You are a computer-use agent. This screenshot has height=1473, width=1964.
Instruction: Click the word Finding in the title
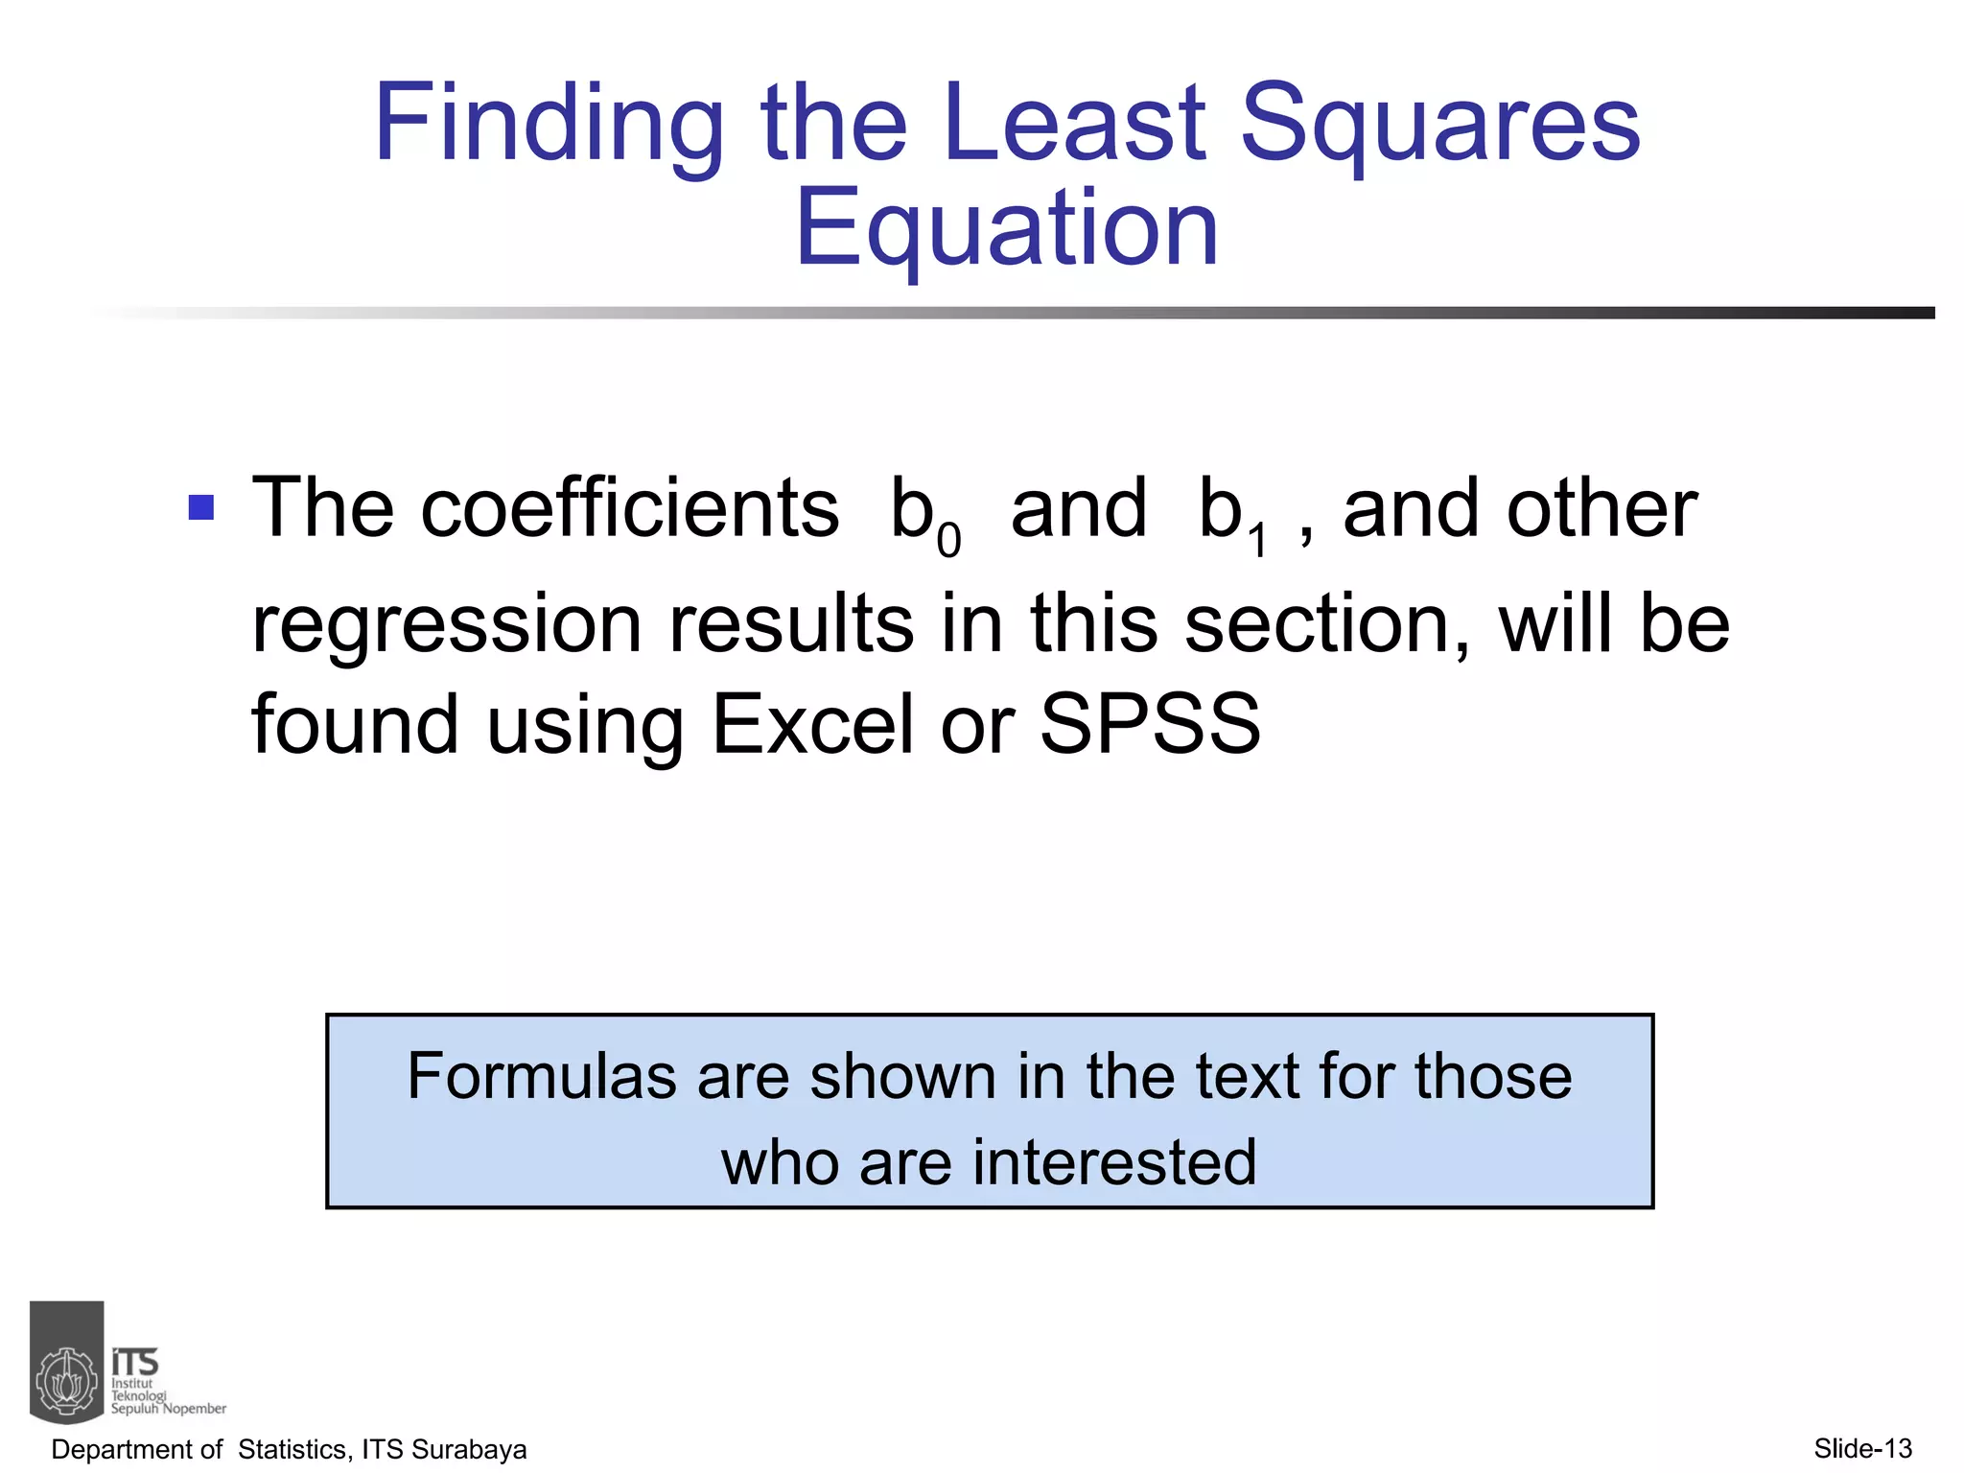pos(548,125)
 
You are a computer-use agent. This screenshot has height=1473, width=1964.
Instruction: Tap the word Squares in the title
pos(1439,125)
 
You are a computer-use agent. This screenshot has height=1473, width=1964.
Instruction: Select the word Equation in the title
pos(1006,228)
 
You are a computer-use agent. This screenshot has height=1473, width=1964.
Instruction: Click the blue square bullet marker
pos(201,506)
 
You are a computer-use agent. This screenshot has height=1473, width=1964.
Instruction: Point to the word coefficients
pos(629,508)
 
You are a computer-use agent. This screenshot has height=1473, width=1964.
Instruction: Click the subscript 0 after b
pos(948,541)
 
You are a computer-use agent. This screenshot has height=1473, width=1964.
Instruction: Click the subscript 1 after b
pos(1257,541)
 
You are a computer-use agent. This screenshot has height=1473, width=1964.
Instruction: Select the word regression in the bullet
pos(446,625)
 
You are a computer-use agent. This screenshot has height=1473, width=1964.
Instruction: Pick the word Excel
pos(812,724)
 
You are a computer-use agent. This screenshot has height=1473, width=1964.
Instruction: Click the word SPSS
pos(1150,724)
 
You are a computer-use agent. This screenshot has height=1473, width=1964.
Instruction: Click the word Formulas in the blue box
pos(543,1076)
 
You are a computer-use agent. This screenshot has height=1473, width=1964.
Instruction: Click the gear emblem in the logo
pos(67,1382)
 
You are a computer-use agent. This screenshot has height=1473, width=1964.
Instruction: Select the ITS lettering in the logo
pos(134,1362)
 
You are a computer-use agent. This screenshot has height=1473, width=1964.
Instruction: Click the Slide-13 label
pos(1862,1448)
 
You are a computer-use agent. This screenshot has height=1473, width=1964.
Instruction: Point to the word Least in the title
pos(1074,125)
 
